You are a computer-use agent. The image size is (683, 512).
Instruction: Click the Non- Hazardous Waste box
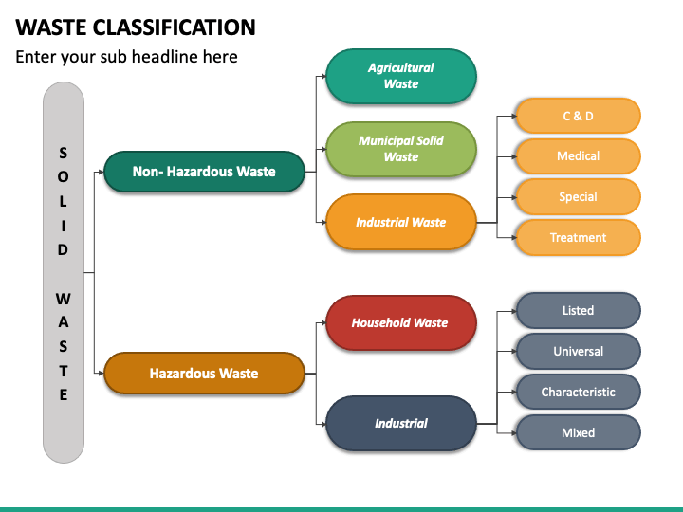(204, 172)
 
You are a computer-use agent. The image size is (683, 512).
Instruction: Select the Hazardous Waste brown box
(204, 374)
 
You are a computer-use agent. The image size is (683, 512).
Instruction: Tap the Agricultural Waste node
(401, 76)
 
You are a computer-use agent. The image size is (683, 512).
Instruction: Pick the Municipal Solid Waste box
(401, 150)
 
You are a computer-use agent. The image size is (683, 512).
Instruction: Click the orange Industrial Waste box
(401, 222)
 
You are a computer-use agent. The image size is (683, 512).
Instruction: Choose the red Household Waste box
(401, 322)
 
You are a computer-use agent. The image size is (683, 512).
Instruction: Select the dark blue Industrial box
(401, 423)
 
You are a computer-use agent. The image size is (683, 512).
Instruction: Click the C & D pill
(578, 116)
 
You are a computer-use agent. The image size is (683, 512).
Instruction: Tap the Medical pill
(578, 156)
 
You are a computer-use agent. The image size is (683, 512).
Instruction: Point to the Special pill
(578, 197)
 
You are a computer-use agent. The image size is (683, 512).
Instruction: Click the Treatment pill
(578, 237)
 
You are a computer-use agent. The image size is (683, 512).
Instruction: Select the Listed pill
(578, 310)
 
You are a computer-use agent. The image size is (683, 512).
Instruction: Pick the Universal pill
(578, 351)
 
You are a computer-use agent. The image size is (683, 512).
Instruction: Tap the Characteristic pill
(578, 392)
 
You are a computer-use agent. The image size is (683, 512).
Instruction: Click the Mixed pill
(578, 432)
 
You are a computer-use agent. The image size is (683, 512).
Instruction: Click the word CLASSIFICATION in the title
(174, 27)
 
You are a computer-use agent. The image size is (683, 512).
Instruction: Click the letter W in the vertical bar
(64, 299)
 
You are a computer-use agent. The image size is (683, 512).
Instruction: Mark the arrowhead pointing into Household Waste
(323, 322)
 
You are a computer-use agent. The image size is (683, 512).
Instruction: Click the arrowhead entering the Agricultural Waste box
(323, 76)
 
